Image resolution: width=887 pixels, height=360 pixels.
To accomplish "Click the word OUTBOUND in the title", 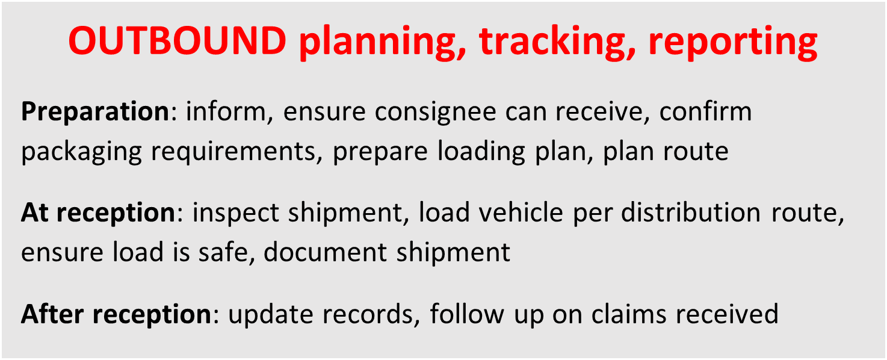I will point(177,42).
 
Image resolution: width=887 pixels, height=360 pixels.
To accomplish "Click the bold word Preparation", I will point(96,113).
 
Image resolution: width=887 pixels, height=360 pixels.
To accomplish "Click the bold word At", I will point(34,213).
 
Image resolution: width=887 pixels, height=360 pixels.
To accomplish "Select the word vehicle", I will point(522,213).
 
